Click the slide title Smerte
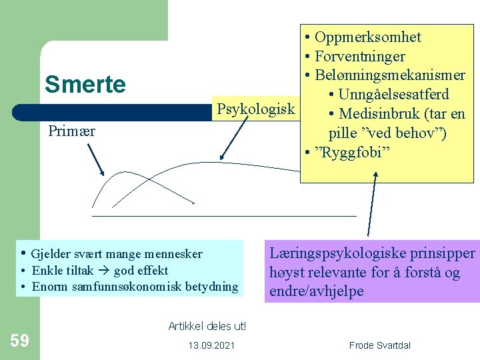[x=85, y=85]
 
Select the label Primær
[x=72, y=131]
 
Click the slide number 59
[x=19, y=341]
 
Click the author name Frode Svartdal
[x=380, y=345]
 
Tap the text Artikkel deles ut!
[x=207, y=326]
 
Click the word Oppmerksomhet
[x=367, y=37]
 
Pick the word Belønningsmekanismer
[x=390, y=75]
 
